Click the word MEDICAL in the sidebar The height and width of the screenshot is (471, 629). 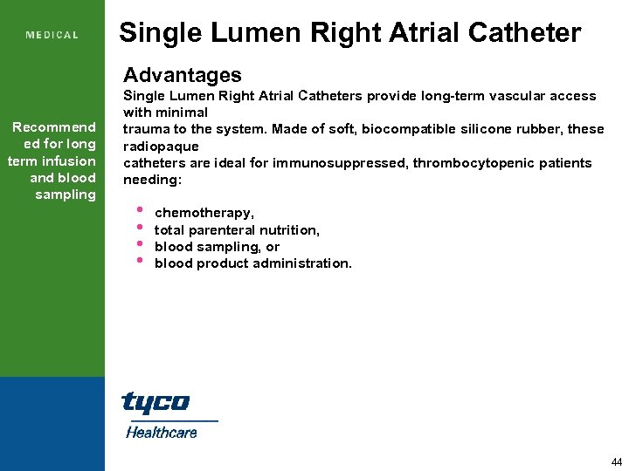tap(52, 36)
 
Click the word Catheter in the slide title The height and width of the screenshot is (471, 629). tap(527, 33)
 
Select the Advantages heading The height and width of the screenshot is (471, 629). tap(183, 75)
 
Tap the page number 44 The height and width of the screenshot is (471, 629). tap(617, 461)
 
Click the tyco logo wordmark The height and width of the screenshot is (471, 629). tap(155, 402)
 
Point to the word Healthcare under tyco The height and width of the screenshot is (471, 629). tap(162, 432)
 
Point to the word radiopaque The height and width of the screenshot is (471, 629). tap(161, 147)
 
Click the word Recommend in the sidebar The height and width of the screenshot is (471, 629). tap(54, 127)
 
